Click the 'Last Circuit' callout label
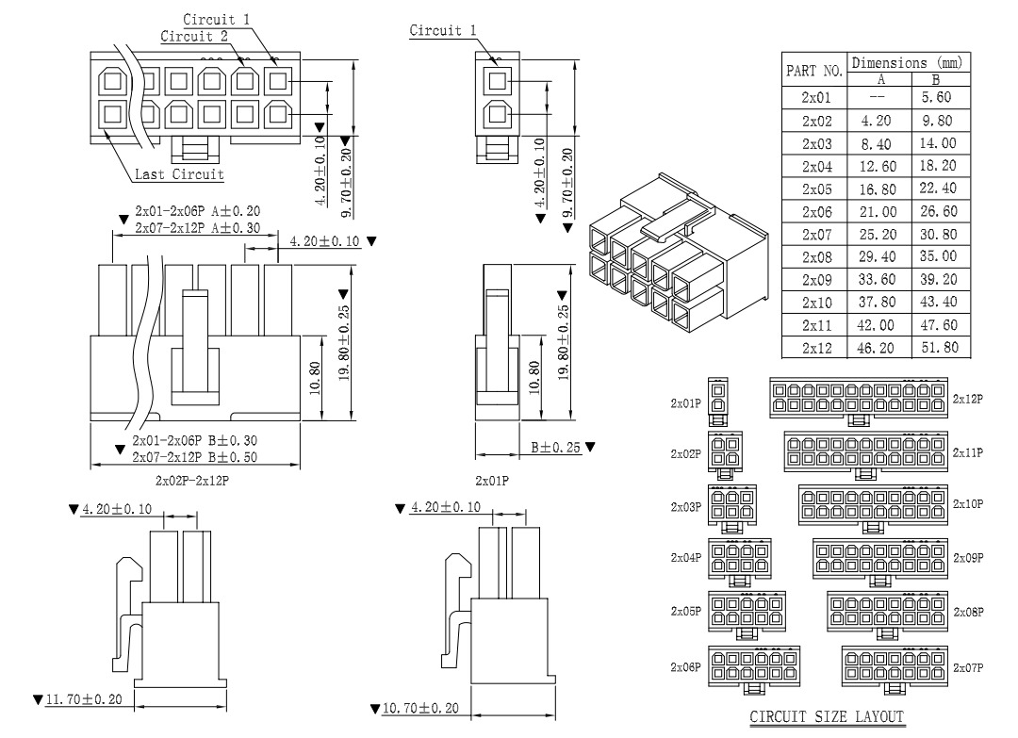tap(179, 174)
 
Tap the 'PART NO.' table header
tap(813, 71)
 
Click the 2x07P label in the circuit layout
tap(968, 667)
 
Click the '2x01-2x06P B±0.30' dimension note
tap(196, 441)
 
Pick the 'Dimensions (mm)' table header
tap(911, 62)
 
